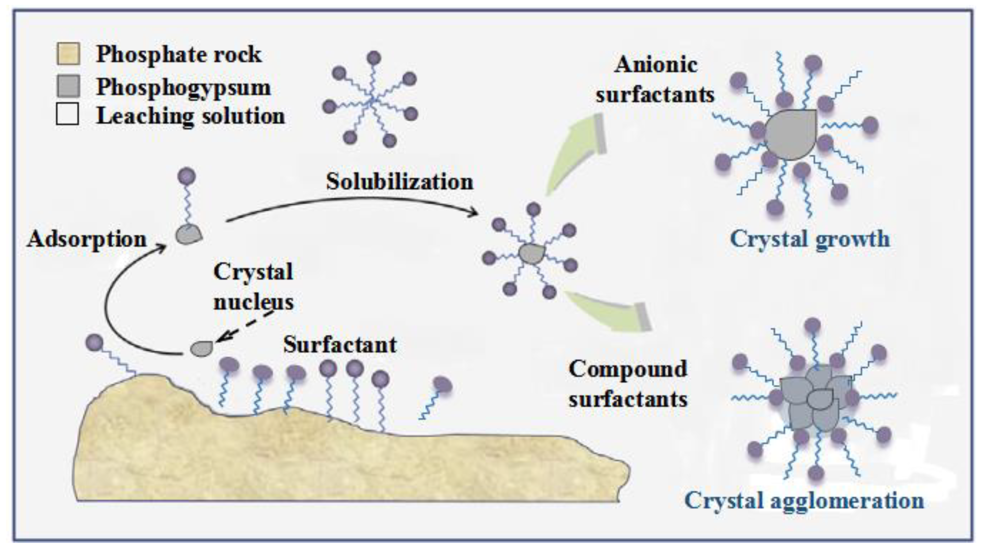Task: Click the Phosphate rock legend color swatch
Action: click(68, 54)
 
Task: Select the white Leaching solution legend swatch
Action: click(68, 114)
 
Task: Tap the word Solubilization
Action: click(399, 182)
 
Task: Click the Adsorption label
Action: click(87, 240)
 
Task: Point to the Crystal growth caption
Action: click(810, 240)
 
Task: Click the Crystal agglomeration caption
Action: click(804, 500)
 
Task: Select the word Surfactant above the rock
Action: click(340, 345)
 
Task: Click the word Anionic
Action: click(656, 64)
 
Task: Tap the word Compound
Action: click(628, 369)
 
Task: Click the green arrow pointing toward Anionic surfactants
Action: click(574, 153)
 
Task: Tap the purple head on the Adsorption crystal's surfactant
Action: click(187, 176)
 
